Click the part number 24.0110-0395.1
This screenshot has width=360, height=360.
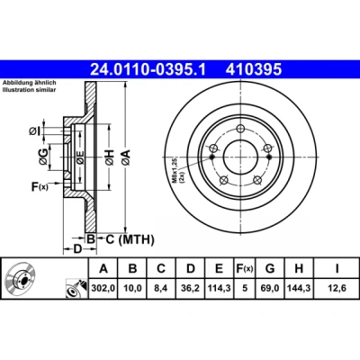coord(148,69)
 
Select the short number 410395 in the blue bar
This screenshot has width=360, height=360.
coord(254,69)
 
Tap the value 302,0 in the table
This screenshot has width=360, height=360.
coord(103,288)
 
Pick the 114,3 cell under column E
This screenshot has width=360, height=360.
coord(220,288)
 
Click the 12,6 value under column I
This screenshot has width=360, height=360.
coord(337,288)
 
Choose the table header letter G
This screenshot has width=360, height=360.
coord(270,268)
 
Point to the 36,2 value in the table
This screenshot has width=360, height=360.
coord(191,288)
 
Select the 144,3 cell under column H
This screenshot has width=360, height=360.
coord(299,288)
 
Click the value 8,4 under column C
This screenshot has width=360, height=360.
coord(161,288)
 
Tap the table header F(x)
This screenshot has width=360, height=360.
coord(245,268)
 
